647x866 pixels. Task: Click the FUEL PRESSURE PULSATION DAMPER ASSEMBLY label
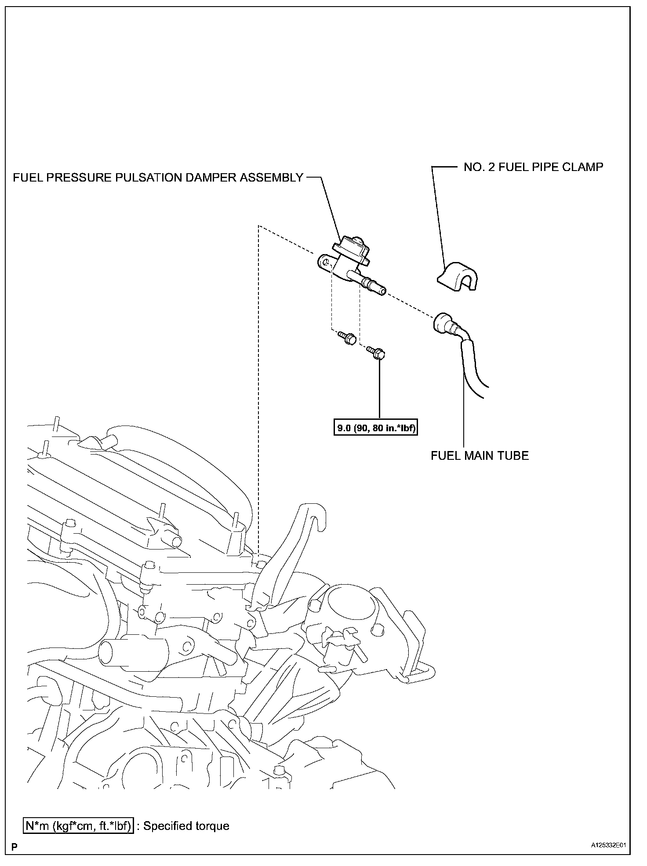[158, 178]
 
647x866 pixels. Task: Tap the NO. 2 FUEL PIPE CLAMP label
[533, 167]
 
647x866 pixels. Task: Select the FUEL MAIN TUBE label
[480, 455]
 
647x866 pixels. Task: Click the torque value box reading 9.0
[375, 427]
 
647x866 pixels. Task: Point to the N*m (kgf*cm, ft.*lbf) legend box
[78, 826]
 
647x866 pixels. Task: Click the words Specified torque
[186, 826]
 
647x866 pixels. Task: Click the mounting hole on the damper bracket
[324, 263]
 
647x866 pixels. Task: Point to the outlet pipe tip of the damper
[382, 291]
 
